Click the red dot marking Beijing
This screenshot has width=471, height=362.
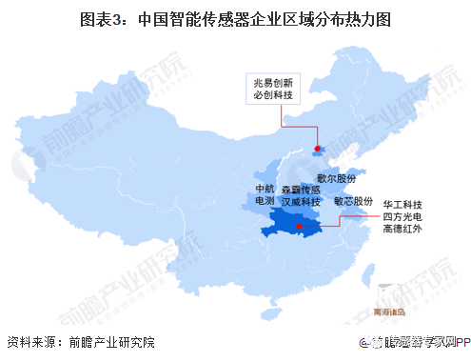[316, 148]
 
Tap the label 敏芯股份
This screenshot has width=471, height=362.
[353, 202]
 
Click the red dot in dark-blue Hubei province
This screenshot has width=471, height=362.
[299, 227]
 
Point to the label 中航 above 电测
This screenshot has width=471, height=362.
[265, 188]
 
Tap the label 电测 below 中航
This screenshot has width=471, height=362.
[265, 202]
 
